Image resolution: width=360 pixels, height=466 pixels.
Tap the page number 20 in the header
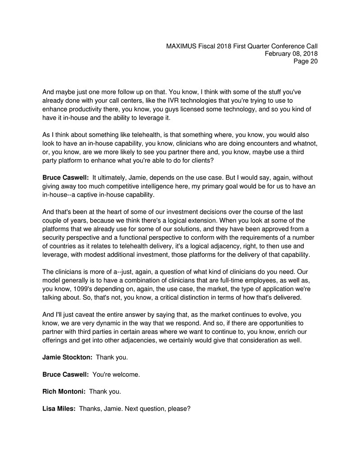click(313, 61)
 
